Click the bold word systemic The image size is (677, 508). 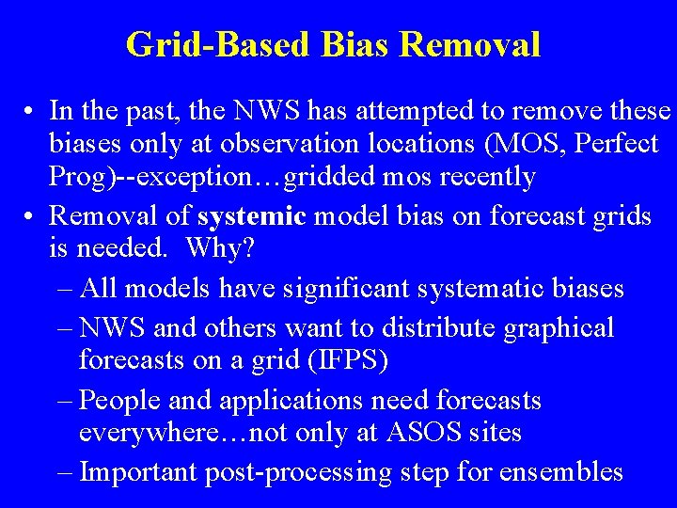pos(252,216)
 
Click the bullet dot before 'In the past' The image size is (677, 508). pos(31,112)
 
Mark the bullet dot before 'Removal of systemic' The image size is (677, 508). pos(31,216)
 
